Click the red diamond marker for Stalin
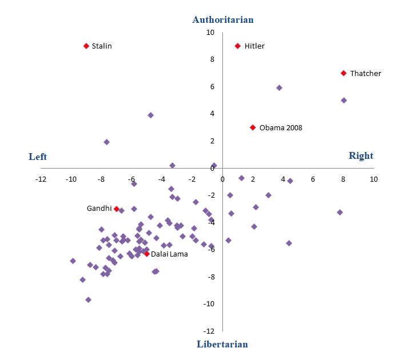click(86, 46)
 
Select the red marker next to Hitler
click(238, 46)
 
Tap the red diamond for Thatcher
click(344, 73)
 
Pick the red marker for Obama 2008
click(253, 127)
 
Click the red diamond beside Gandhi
click(117, 209)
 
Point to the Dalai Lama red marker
click(147, 254)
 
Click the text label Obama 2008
click(281, 128)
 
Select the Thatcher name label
click(365, 74)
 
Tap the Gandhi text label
click(99, 209)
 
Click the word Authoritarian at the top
click(223, 20)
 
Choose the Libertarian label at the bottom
click(222, 344)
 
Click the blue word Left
click(38, 157)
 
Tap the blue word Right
click(361, 156)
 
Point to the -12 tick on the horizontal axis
click(41, 179)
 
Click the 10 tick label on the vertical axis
click(210, 33)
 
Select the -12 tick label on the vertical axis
click(208, 331)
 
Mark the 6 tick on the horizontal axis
click(313, 179)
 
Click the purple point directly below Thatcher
click(344, 101)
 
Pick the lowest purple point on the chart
click(88, 299)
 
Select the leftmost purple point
click(73, 261)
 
